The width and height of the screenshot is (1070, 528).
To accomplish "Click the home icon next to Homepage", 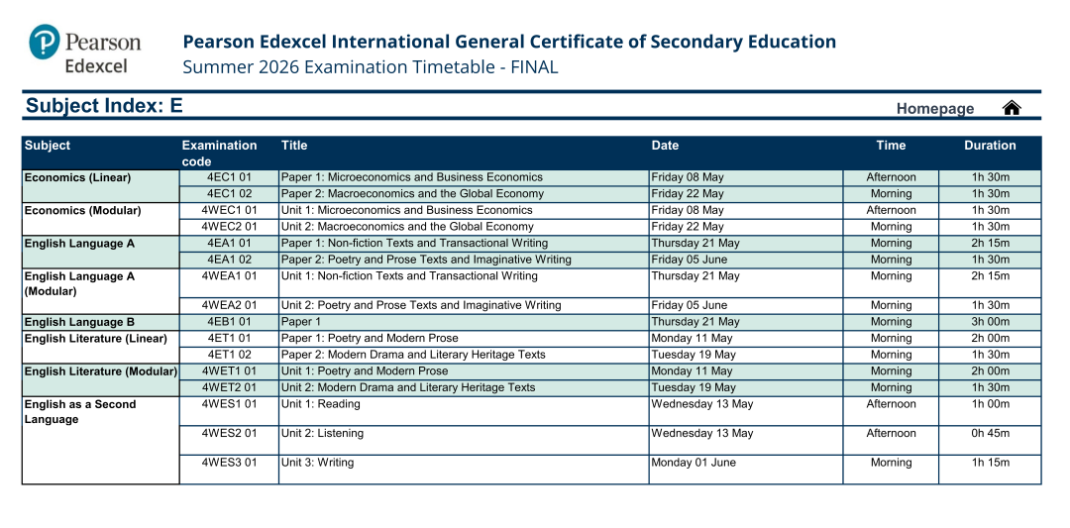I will click(x=1012, y=108).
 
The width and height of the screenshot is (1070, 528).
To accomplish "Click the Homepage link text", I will click(x=934, y=109).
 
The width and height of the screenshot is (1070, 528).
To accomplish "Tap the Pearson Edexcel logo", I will click(x=85, y=50).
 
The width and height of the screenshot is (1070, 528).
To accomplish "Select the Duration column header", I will click(x=989, y=146).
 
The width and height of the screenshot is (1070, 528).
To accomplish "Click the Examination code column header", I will click(x=219, y=153).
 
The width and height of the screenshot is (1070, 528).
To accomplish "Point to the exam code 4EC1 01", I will click(x=229, y=177).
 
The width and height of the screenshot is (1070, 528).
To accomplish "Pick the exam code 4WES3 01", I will click(x=229, y=463).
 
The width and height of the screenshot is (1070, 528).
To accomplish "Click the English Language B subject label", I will click(x=79, y=322).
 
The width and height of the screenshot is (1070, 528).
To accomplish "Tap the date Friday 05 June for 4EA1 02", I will click(x=690, y=260).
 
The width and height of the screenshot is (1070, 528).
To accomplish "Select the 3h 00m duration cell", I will click(x=990, y=322).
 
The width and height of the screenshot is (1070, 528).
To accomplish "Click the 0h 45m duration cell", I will click(x=990, y=434).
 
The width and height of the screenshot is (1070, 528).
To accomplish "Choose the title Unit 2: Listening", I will click(x=323, y=434).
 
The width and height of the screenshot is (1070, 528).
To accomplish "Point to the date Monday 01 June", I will click(x=694, y=463).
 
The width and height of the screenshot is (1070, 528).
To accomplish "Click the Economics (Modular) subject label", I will click(x=82, y=210).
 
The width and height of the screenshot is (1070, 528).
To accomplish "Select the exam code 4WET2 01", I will click(x=229, y=387).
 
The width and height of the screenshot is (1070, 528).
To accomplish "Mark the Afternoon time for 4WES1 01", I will click(x=891, y=404).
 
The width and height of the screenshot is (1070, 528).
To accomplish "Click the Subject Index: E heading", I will click(x=104, y=106).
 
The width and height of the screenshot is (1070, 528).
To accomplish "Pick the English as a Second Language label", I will click(x=79, y=411).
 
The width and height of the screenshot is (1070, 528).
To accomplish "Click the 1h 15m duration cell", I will click(x=990, y=463).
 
